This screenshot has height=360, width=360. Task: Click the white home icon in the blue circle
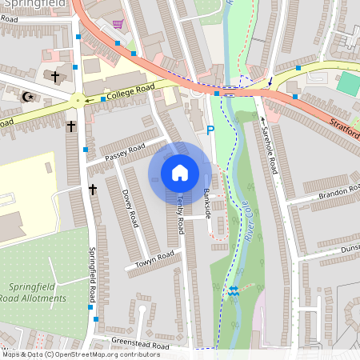[180, 172]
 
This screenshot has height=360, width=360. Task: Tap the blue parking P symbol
[210, 130]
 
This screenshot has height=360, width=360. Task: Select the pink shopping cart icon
[118, 24]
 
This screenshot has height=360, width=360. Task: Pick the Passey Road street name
[125, 149]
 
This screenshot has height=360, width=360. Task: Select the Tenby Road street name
[182, 211]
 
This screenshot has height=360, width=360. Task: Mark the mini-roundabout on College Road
[78, 99]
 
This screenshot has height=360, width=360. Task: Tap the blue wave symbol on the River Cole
[233, 292]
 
